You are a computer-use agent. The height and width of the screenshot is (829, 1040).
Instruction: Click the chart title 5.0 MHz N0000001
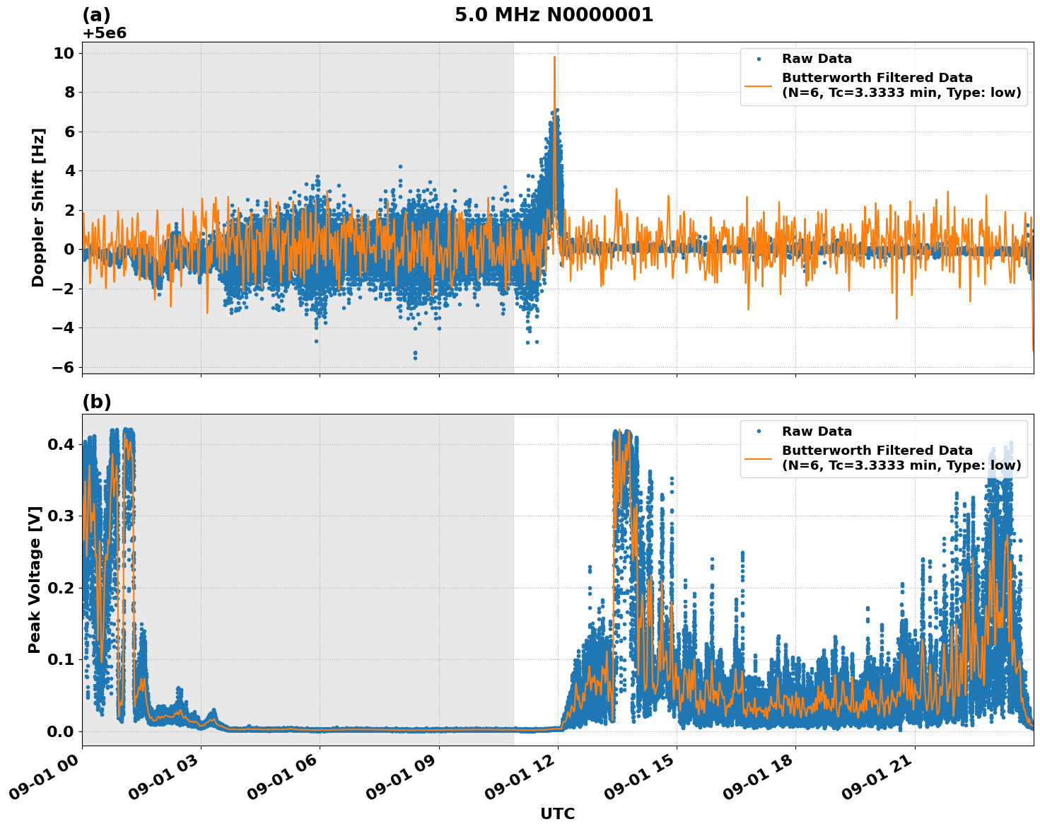pyautogui.click(x=554, y=15)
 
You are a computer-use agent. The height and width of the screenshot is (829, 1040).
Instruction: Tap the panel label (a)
pyautogui.click(x=96, y=15)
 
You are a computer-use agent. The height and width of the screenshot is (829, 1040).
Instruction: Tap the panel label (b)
pyautogui.click(x=96, y=402)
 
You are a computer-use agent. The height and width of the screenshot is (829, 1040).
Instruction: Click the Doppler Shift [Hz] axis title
pyautogui.click(x=38, y=207)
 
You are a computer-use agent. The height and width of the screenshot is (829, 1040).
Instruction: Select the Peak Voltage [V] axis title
pyautogui.click(x=35, y=579)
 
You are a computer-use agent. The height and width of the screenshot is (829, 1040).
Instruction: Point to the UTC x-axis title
pyautogui.click(x=557, y=813)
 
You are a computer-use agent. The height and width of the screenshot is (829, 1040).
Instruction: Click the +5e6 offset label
pyautogui.click(x=104, y=33)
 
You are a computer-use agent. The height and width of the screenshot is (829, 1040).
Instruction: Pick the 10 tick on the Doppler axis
pyautogui.click(x=68, y=53)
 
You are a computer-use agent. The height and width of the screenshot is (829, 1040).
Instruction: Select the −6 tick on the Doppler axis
pyautogui.click(x=64, y=366)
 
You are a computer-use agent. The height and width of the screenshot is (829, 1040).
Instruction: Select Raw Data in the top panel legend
pyautogui.click(x=817, y=59)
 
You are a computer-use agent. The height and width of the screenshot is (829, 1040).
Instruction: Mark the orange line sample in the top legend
pyautogui.click(x=759, y=86)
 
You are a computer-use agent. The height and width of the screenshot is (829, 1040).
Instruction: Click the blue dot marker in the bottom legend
pyautogui.click(x=759, y=431)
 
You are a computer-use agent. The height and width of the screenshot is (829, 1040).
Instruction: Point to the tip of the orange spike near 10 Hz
pyautogui.click(x=554, y=57)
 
